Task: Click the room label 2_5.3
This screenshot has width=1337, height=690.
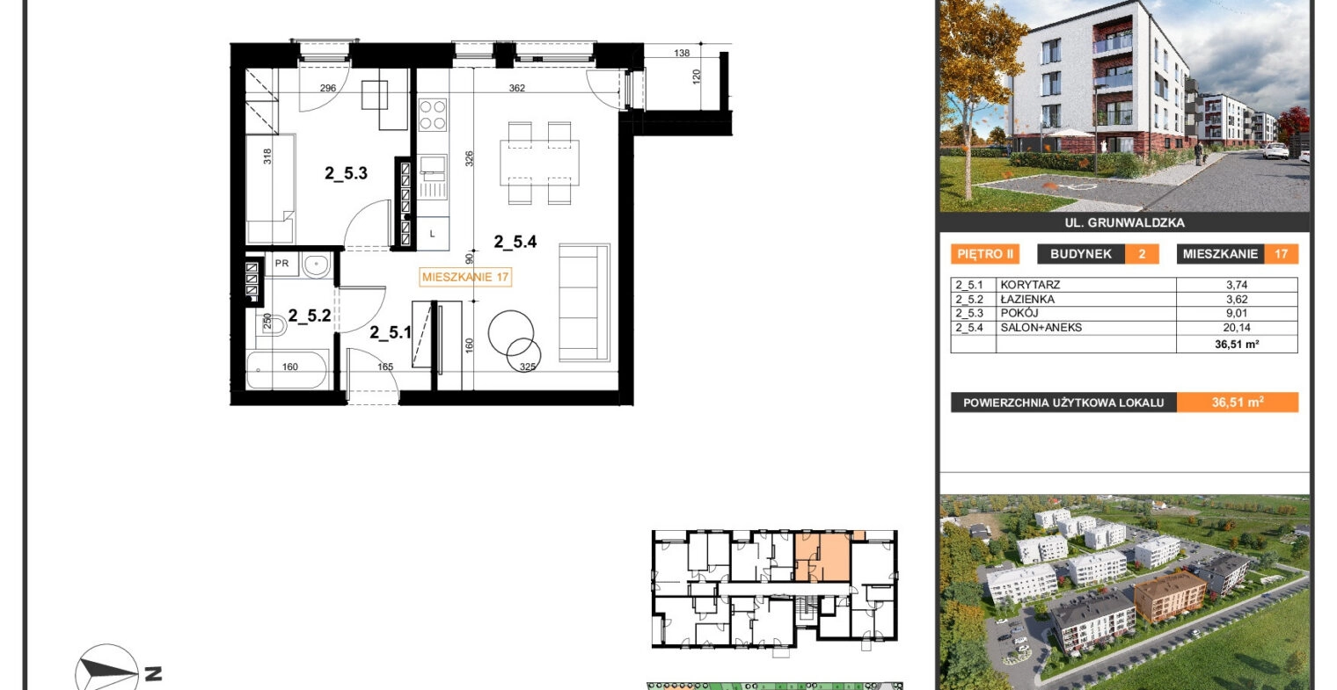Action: click(347, 173)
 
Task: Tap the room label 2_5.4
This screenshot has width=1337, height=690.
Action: click(515, 242)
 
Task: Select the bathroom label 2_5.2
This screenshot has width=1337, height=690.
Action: click(310, 316)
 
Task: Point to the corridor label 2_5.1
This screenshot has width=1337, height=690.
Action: click(391, 333)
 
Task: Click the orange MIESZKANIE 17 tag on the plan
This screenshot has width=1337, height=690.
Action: click(465, 277)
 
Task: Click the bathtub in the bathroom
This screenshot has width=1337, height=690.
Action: click(287, 369)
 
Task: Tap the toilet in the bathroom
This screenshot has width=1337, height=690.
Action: click(272, 325)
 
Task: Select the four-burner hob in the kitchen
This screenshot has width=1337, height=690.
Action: click(433, 114)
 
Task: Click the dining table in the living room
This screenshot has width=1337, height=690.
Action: click(539, 163)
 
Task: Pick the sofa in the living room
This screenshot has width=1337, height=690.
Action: click(584, 302)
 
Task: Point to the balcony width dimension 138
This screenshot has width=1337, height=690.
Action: click(682, 53)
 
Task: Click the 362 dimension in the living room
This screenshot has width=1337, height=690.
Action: click(517, 88)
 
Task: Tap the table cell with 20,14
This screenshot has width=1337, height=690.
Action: click(1237, 327)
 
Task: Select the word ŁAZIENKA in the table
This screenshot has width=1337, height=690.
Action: click(1027, 300)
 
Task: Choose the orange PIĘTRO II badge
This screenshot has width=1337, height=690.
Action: click(985, 254)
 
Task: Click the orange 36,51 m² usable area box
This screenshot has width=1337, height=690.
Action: click(1238, 403)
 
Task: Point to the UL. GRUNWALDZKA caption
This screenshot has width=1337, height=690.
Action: click(1124, 223)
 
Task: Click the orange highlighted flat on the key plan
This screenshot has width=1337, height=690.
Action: click(822, 557)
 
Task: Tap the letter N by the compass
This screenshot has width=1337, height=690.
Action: click(153, 674)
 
